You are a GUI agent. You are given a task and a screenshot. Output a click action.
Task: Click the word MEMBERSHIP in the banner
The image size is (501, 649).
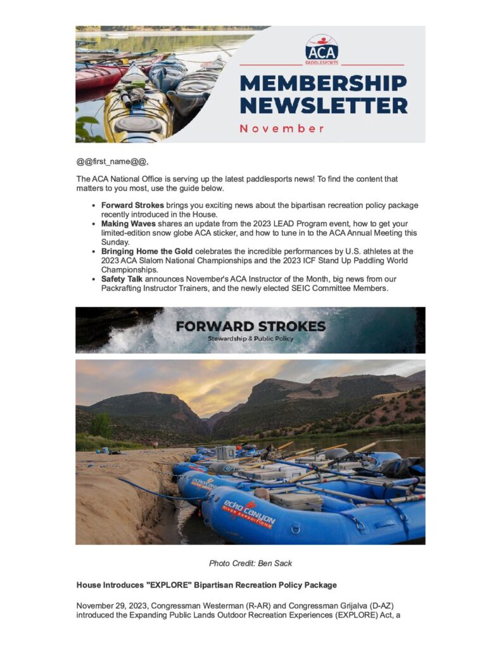(323, 84)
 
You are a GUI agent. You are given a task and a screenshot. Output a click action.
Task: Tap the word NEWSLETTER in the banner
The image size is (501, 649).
(323, 105)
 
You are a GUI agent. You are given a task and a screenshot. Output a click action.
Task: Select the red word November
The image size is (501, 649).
(282, 129)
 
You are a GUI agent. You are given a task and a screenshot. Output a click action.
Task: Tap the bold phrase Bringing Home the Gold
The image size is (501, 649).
(146, 251)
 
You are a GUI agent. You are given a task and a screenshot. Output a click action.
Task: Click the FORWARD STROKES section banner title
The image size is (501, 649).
(251, 327)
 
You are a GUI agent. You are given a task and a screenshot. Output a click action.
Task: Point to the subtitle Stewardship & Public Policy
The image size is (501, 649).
(251, 338)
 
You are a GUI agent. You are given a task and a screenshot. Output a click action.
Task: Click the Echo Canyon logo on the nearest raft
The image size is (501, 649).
(248, 512)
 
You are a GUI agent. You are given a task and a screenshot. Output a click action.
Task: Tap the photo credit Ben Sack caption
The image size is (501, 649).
(250, 563)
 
